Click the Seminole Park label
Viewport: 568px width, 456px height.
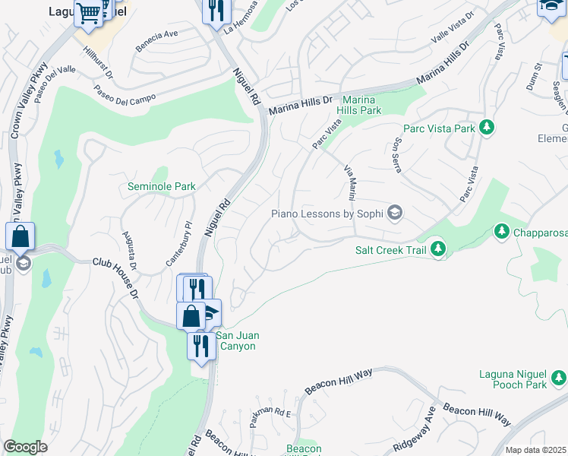161,186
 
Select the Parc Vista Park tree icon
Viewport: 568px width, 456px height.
488,127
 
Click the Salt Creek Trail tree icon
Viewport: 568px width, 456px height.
437,248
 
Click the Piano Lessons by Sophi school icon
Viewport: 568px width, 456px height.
394,213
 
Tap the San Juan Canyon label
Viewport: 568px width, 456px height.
235,340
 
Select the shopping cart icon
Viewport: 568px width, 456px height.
89,13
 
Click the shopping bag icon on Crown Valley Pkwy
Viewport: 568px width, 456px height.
21,236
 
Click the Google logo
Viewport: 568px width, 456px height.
26,447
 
